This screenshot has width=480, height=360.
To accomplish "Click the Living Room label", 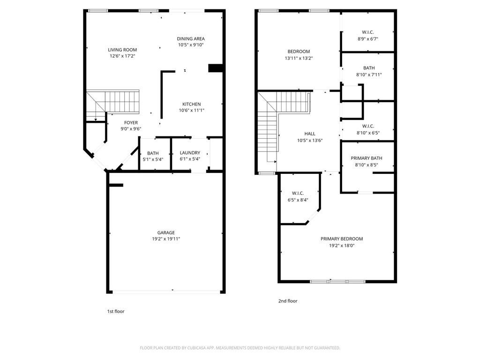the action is (x=122, y=50).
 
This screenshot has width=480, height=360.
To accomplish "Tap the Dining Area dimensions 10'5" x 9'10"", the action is (x=191, y=45).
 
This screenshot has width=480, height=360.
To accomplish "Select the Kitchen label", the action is (x=192, y=104).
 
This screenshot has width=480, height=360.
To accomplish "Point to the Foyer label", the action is (x=131, y=122).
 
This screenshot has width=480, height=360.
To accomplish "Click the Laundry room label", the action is (x=190, y=152).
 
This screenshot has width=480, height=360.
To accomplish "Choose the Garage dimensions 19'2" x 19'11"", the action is (x=166, y=239).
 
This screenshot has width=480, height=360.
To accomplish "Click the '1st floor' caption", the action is (x=116, y=311).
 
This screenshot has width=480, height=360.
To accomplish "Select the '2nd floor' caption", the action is (x=288, y=301).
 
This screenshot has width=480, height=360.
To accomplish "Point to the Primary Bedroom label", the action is (x=342, y=239).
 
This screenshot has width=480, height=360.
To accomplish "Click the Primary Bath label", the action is (x=367, y=158).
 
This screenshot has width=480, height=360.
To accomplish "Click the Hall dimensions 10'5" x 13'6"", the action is (x=310, y=141).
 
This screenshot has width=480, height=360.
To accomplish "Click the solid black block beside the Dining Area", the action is (x=216, y=68).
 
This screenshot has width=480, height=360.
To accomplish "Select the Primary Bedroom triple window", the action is (x=338, y=281).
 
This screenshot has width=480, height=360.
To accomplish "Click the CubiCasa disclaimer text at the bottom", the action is (x=240, y=348).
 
